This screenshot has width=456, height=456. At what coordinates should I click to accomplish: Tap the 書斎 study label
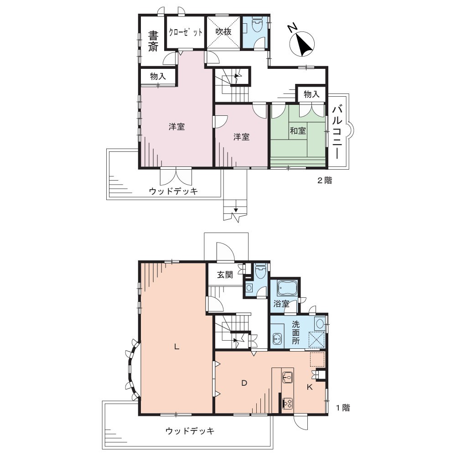point(153,41)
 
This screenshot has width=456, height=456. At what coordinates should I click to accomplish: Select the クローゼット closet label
point(185,32)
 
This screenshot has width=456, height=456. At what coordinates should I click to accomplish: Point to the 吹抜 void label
point(223,31)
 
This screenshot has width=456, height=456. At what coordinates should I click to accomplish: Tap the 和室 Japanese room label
point(297,130)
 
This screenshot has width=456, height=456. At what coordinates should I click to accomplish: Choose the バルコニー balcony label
point(337,132)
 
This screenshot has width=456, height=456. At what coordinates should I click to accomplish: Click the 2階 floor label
point(324,180)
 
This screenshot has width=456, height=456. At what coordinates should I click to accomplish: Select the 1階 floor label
point(343,408)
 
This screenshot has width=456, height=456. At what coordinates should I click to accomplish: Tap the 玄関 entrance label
point(225,275)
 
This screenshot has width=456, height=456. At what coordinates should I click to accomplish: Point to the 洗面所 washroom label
point(295,332)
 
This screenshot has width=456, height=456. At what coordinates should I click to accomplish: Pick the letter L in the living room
point(176,347)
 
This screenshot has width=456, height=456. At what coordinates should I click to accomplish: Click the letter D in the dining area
point(244,383)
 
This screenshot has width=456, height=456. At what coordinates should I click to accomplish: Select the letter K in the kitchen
point(310,387)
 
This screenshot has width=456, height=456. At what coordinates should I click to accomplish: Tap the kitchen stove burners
point(288,403)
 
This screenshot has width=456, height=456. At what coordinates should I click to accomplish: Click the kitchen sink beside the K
point(287,377)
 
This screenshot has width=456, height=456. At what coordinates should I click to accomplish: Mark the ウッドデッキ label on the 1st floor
point(190,431)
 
